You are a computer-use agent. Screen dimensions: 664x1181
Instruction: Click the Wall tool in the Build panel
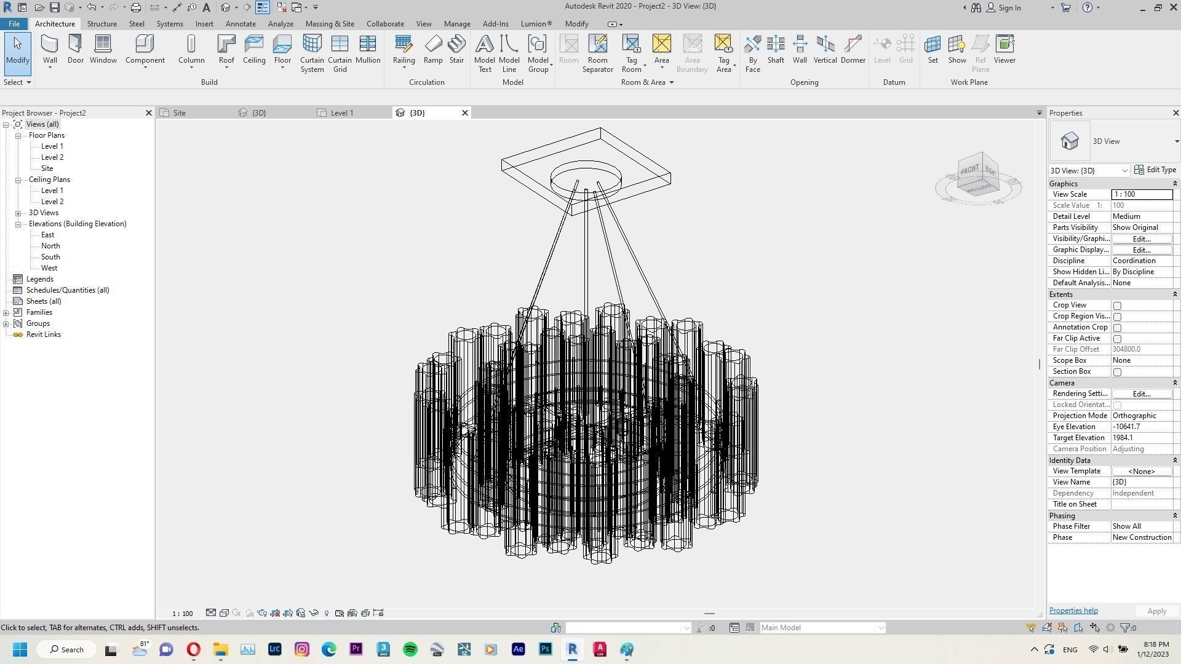(x=50, y=49)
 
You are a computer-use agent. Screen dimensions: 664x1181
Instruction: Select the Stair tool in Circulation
(x=456, y=49)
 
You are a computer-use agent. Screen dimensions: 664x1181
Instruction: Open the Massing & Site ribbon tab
(x=330, y=24)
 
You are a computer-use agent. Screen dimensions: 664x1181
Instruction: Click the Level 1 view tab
(x=342, y=113)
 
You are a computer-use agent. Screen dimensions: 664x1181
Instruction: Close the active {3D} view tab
(x=465, y=113)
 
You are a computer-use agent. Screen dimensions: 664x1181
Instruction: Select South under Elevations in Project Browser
(x=50, y=257)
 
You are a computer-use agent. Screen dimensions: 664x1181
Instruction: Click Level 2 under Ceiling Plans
(x=52, y=202)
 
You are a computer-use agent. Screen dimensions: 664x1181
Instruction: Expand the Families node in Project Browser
(x=6, y=312)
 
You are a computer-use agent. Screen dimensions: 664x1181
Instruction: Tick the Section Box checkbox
(x=1117, y=372)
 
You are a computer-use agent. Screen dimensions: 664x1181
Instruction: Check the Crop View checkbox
(x=1117, y=306)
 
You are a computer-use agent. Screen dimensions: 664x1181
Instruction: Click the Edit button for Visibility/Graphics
(x=1141, y=239)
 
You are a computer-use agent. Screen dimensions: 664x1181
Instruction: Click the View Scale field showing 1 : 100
(x=1141, y=194)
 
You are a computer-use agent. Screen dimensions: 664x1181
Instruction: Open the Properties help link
(x=1073, y=611)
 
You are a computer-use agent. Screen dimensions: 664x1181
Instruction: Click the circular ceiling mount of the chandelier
(x=586, y=178)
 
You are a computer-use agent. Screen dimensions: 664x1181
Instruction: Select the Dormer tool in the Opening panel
(x=853, y=49)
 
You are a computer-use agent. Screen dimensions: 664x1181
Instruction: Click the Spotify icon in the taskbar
(x=410, y=649)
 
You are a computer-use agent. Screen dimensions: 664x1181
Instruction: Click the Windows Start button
(x=20, y=649)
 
